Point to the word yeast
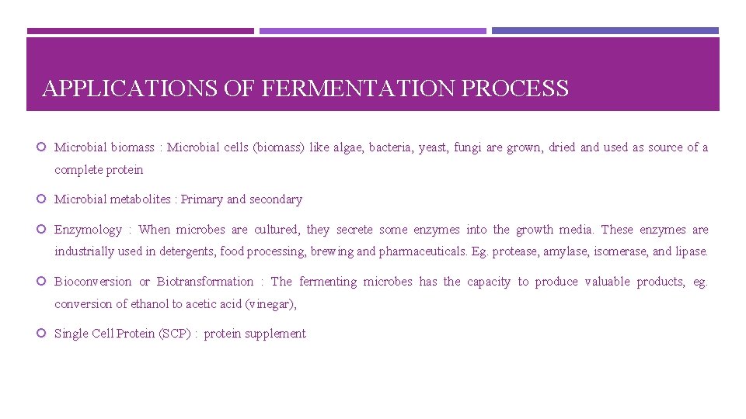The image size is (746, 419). tap(432, 147)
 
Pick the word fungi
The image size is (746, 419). tap(468, 147)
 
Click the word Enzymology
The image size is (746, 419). tap(88, 230)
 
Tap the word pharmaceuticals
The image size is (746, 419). tap(424, 251)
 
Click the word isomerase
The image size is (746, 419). tap(620, 251)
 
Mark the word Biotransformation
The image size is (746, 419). tap(205, 282)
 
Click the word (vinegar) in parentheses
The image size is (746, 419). tap(270, 304)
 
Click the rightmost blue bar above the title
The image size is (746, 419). tap(605, 31)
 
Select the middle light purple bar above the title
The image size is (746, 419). tap(372, 31)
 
